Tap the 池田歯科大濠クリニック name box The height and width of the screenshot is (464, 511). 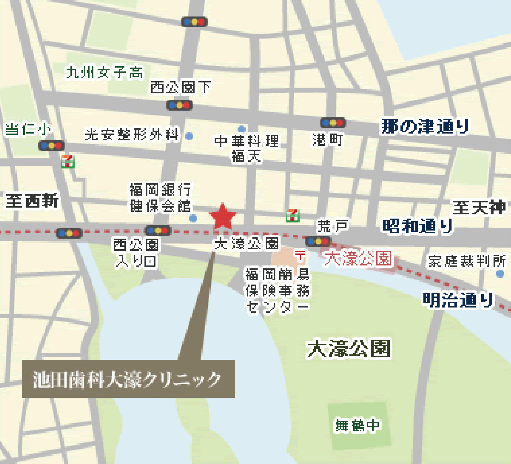(128, 379)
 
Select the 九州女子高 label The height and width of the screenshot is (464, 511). (104, 72)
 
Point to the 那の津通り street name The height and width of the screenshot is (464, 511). (425, 126)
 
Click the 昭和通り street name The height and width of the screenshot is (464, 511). (418, 226)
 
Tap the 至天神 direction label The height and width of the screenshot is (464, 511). (479, 207)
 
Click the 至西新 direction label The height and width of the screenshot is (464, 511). (32, 201)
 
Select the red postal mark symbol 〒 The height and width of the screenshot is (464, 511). (300, 256)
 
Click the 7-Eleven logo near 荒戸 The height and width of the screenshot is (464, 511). (293, 215)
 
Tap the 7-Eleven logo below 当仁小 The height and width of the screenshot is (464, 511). (68, 162)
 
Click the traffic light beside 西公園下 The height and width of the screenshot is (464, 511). (179, 105)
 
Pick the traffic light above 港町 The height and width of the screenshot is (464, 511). (333, 123)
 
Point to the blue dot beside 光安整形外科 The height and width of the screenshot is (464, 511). (189, 136)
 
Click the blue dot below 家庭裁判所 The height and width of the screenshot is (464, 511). (500, 274)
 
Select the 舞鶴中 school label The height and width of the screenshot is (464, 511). (357, 425)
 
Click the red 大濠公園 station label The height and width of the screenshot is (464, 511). (358, 258)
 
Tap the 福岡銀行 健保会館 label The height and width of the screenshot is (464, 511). (161, 198)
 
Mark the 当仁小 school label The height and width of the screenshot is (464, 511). (28, 129)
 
